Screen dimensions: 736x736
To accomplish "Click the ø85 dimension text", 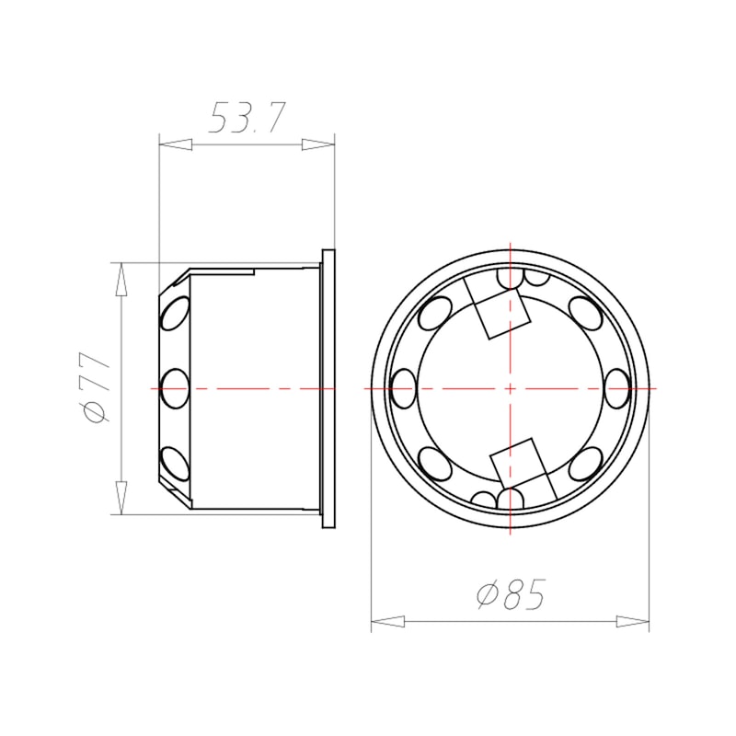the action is tap(512, 594).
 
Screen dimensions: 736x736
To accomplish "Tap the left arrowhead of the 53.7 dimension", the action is tap(176, 144).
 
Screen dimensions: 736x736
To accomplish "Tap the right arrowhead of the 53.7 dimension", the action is tap(317, 144).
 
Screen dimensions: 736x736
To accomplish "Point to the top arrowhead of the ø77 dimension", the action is tap(121, 280).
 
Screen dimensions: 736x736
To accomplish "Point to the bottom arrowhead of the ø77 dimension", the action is tap(121, 498).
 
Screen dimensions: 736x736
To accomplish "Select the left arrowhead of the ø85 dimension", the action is tap(387, 622).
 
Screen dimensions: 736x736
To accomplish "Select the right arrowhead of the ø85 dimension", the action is tap(633, 622).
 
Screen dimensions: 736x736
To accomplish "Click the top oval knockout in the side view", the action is tap(175, 314).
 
